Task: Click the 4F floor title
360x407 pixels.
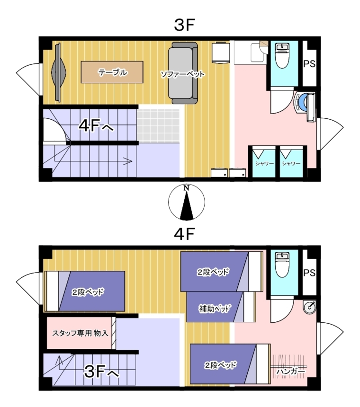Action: pyautogui.click(x=184, y=234)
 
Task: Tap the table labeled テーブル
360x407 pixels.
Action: pyautogui.click(x=112, y=72)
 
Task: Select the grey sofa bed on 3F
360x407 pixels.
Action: pyautogui.click(x=183, y=73)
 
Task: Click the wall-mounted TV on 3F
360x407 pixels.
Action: pyautogui.click(x=58, y=72)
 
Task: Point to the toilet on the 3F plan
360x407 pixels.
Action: pyautogui.click(x=282, y=56)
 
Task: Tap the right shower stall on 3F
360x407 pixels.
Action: pyautogui.click(x=291, y=162)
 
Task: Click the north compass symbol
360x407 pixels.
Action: pyautogui.click(x=187, y=203)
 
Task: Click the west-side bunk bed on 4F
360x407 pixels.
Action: pyautogui.click(x=85, y=291)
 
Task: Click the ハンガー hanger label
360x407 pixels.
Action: pyautogui.click(x=290, y=372)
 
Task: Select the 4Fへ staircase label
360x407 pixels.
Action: pyautogui.click(x=96, y=126)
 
